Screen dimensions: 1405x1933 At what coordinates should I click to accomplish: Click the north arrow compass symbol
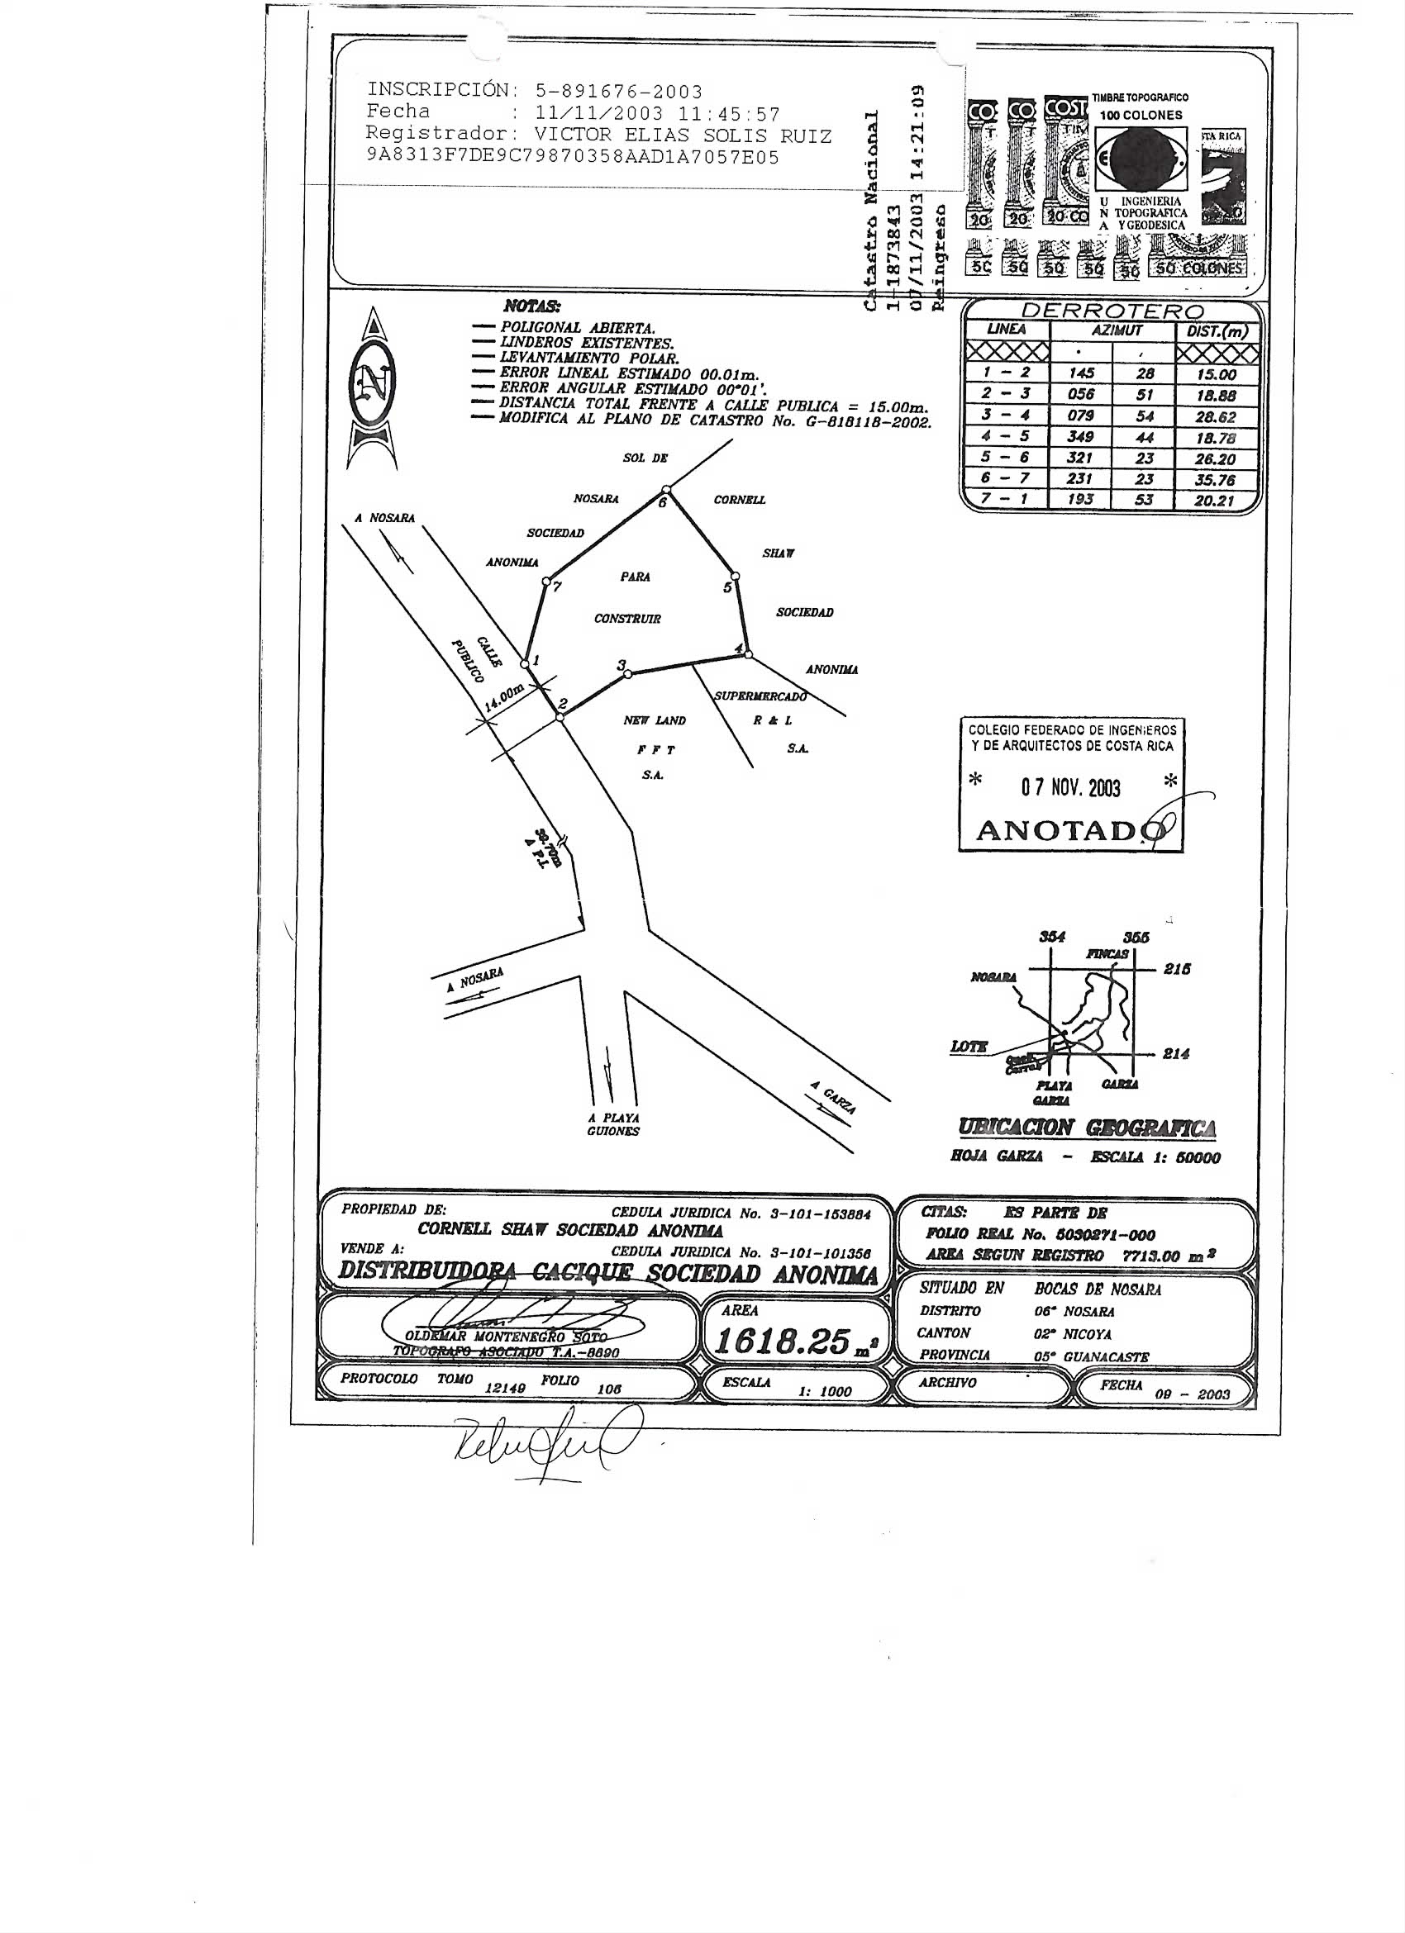[x=373, y=388]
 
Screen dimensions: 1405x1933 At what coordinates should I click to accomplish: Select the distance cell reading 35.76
[x=1214, y=480]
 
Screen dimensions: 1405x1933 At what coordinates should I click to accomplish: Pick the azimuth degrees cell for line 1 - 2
[x=1080, y=373]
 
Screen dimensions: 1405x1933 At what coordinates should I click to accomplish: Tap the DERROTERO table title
[x=1112, y=312]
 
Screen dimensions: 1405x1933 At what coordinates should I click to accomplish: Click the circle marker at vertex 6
[x=667, y=489]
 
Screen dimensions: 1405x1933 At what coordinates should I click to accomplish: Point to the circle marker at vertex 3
[x=628, y=673]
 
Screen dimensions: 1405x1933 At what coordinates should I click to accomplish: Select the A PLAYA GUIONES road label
[x=613, y=1124]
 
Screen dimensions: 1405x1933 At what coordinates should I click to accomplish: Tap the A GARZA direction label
[x=832, y=1097]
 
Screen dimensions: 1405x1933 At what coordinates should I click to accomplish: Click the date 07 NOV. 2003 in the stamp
[x=1070, y=786]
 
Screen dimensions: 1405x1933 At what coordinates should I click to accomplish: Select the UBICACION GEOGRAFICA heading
[x=1087, y=1127]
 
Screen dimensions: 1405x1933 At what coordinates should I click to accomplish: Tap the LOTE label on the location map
[x=969, y=1046]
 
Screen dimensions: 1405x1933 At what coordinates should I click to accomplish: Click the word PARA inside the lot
[x=636, y=577]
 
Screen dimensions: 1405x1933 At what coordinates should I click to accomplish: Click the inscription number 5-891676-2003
[x=619, y=91]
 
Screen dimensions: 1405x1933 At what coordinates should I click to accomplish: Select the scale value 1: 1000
[x=825, y=1391]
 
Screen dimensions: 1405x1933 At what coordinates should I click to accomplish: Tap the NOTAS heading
[x=532, y=306]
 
